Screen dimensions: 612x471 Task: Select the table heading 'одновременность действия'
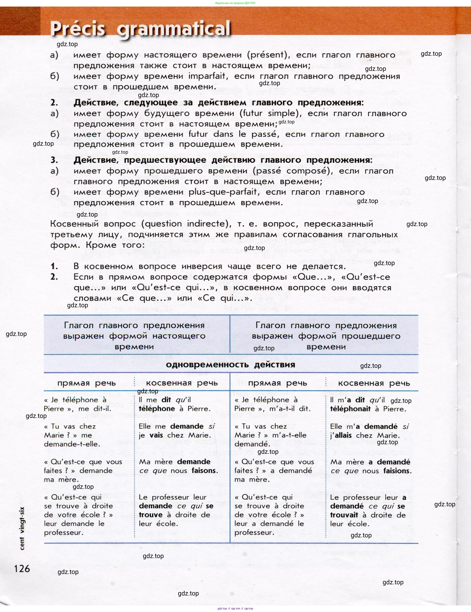230,364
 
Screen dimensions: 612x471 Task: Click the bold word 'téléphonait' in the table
350,409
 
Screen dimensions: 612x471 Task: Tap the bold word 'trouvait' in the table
344,515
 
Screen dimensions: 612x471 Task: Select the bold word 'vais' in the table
156,435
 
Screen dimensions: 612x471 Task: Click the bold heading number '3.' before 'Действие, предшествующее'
54,160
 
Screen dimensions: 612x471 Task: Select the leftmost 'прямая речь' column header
87,383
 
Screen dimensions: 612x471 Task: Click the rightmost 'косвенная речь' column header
374,383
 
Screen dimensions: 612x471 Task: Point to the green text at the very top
235,3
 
